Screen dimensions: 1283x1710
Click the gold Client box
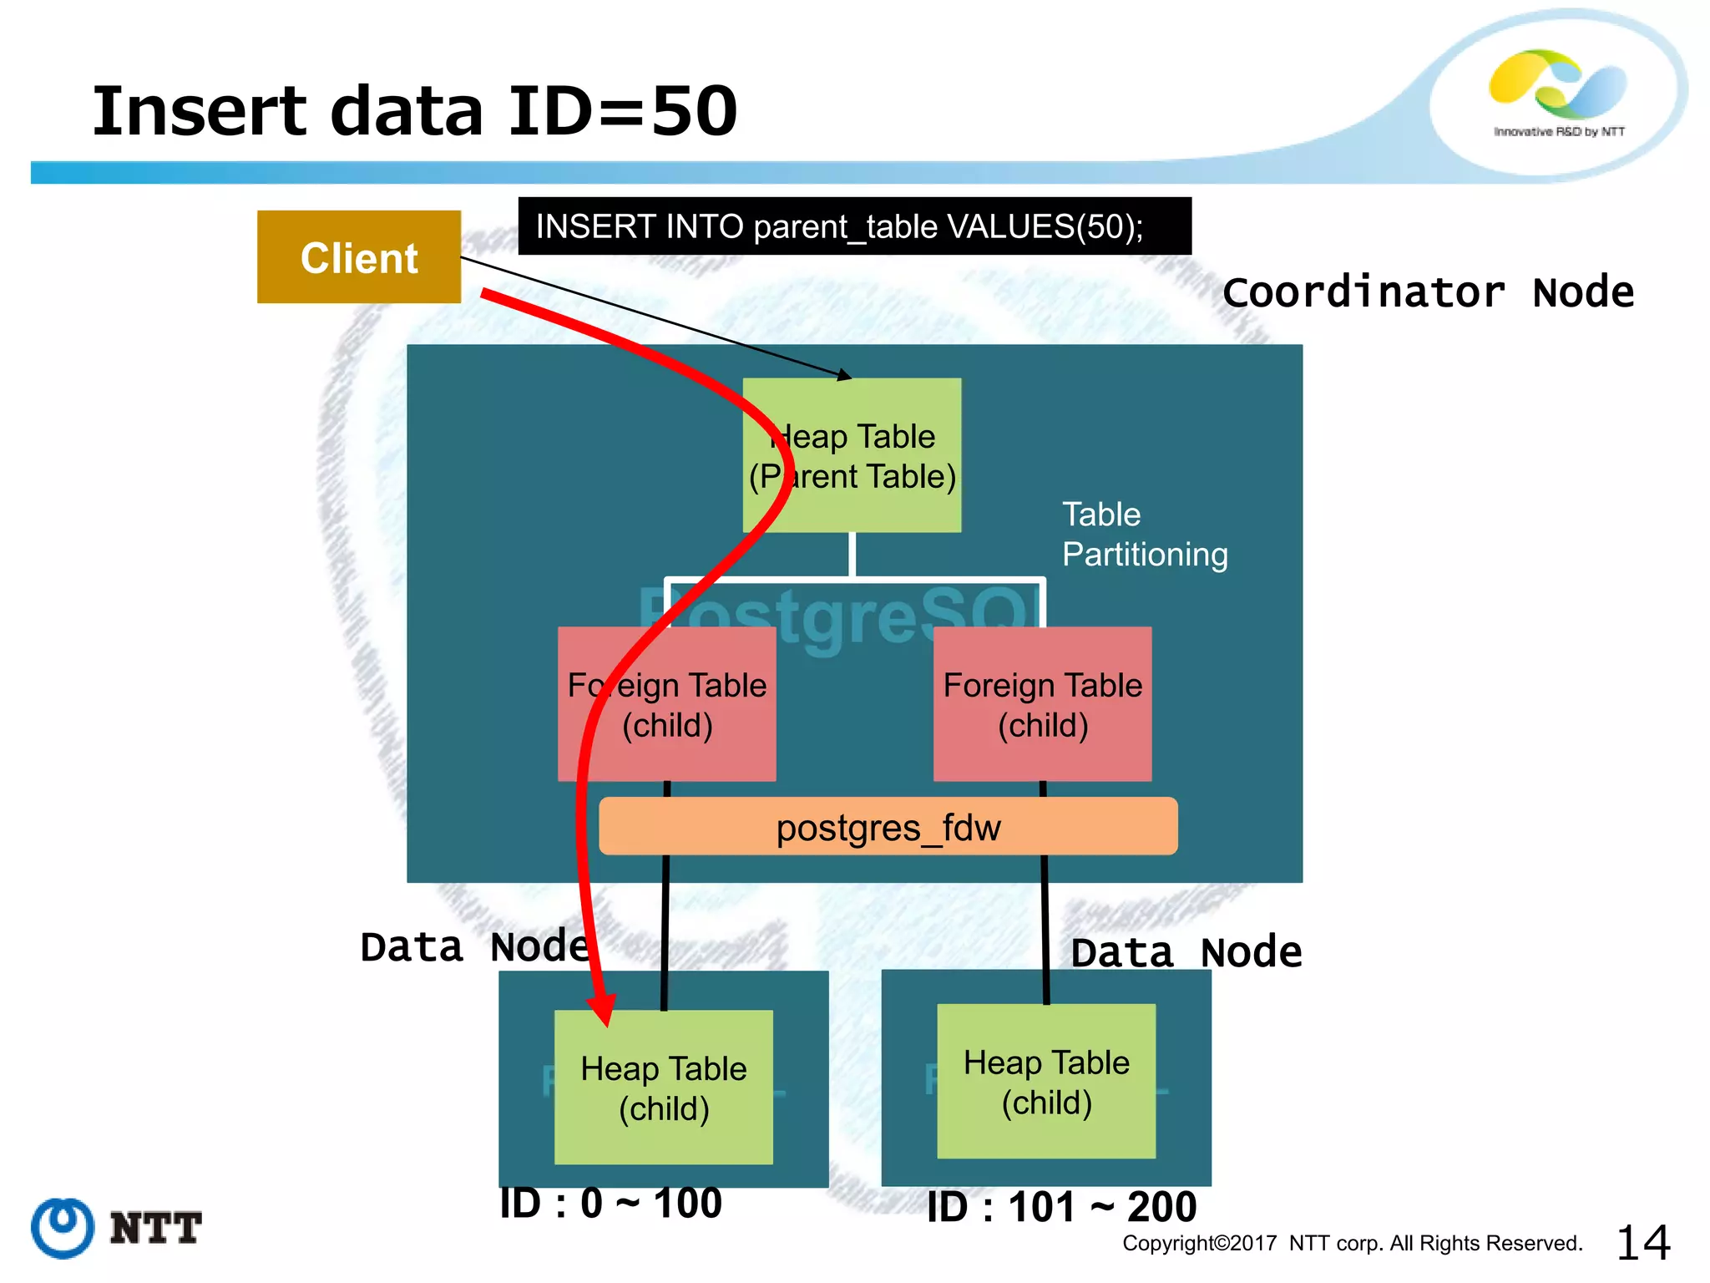[359, 257]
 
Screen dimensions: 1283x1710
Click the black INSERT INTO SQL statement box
[854, 226]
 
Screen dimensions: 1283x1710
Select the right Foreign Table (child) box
[1042, 704]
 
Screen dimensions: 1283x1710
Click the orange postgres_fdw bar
[888, 827]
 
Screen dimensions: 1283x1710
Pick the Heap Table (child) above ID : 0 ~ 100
[664, 1088]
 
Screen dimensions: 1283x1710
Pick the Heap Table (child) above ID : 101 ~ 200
[1046, 1082]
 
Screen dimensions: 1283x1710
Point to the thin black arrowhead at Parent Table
[845, 376]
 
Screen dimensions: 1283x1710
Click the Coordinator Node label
[1428, 292]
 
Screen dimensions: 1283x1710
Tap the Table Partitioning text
[1144, 535]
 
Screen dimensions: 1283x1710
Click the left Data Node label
[474, 947]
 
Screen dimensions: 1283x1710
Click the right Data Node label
[1186, 953]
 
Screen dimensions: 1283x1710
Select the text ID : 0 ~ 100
[610, 1204]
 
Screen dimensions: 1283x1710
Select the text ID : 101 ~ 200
[1061, 1207]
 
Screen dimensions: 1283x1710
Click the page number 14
[1642, 1243]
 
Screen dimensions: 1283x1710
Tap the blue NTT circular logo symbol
[63, 1228]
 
